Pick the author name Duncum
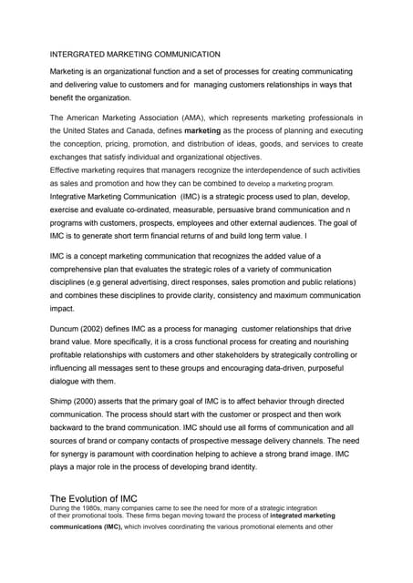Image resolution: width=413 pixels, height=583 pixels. [x=68, y=327]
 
